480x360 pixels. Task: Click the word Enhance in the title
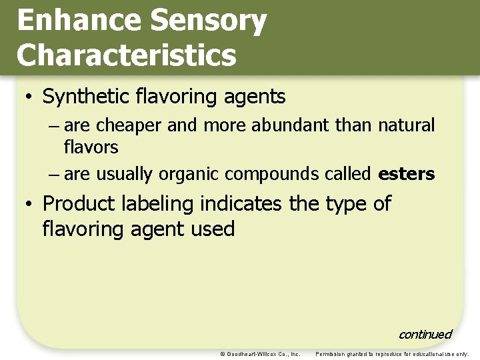click(79, 21)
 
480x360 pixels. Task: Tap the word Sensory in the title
click(209, 21)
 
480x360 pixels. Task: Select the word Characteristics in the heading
click(126, 55)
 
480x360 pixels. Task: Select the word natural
click(406, 125)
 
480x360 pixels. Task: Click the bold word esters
click(406, 175)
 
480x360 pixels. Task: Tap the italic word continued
click(425, 334)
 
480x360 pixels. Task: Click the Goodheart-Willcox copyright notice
click(260, 354)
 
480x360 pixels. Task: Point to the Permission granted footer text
click(392, 354)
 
